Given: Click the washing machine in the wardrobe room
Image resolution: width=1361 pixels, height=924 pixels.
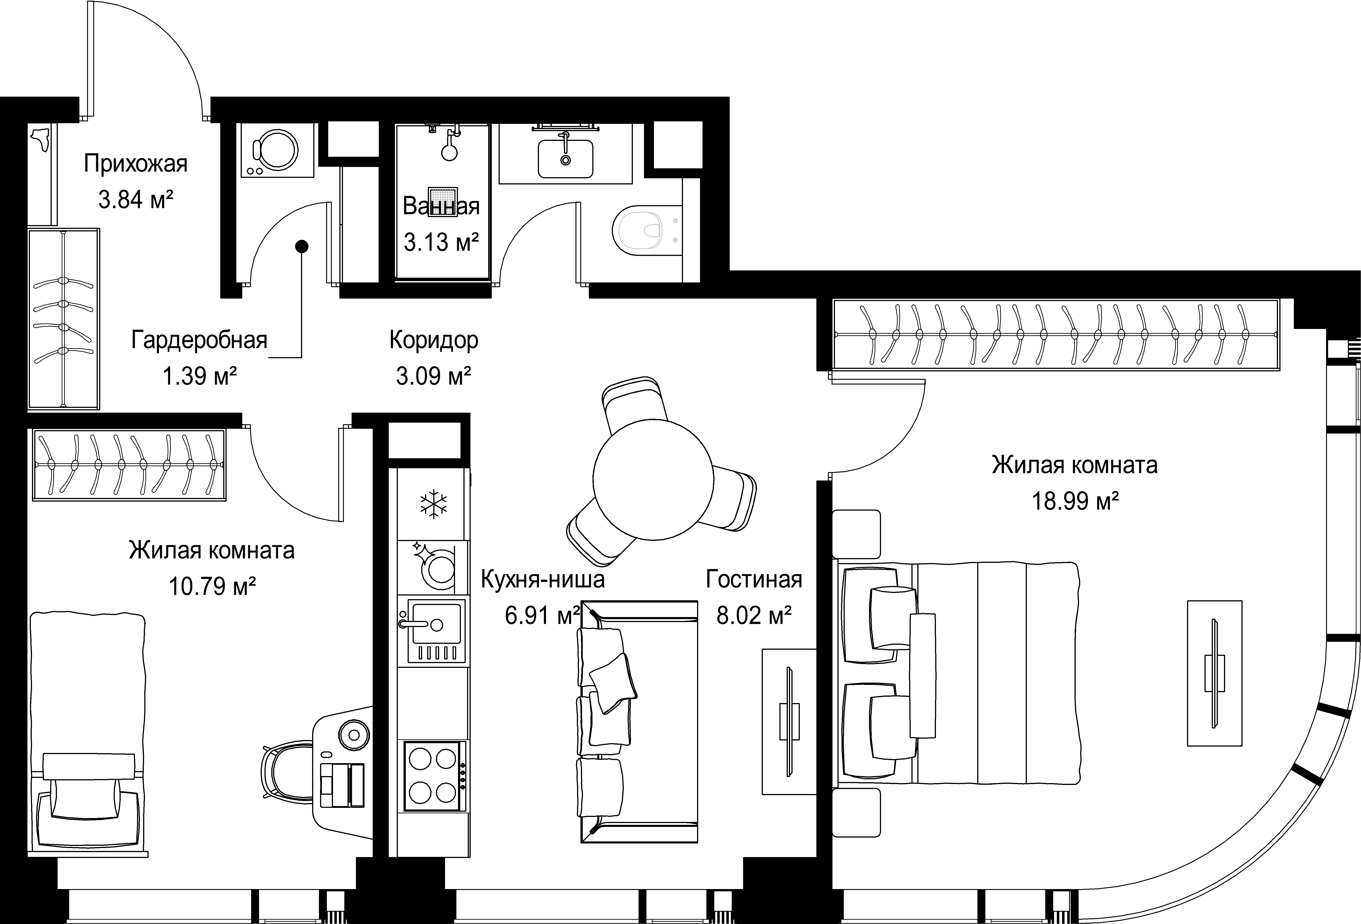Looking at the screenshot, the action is click(277, 150).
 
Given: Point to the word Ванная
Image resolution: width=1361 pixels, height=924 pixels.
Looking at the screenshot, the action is click(441, 206).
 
